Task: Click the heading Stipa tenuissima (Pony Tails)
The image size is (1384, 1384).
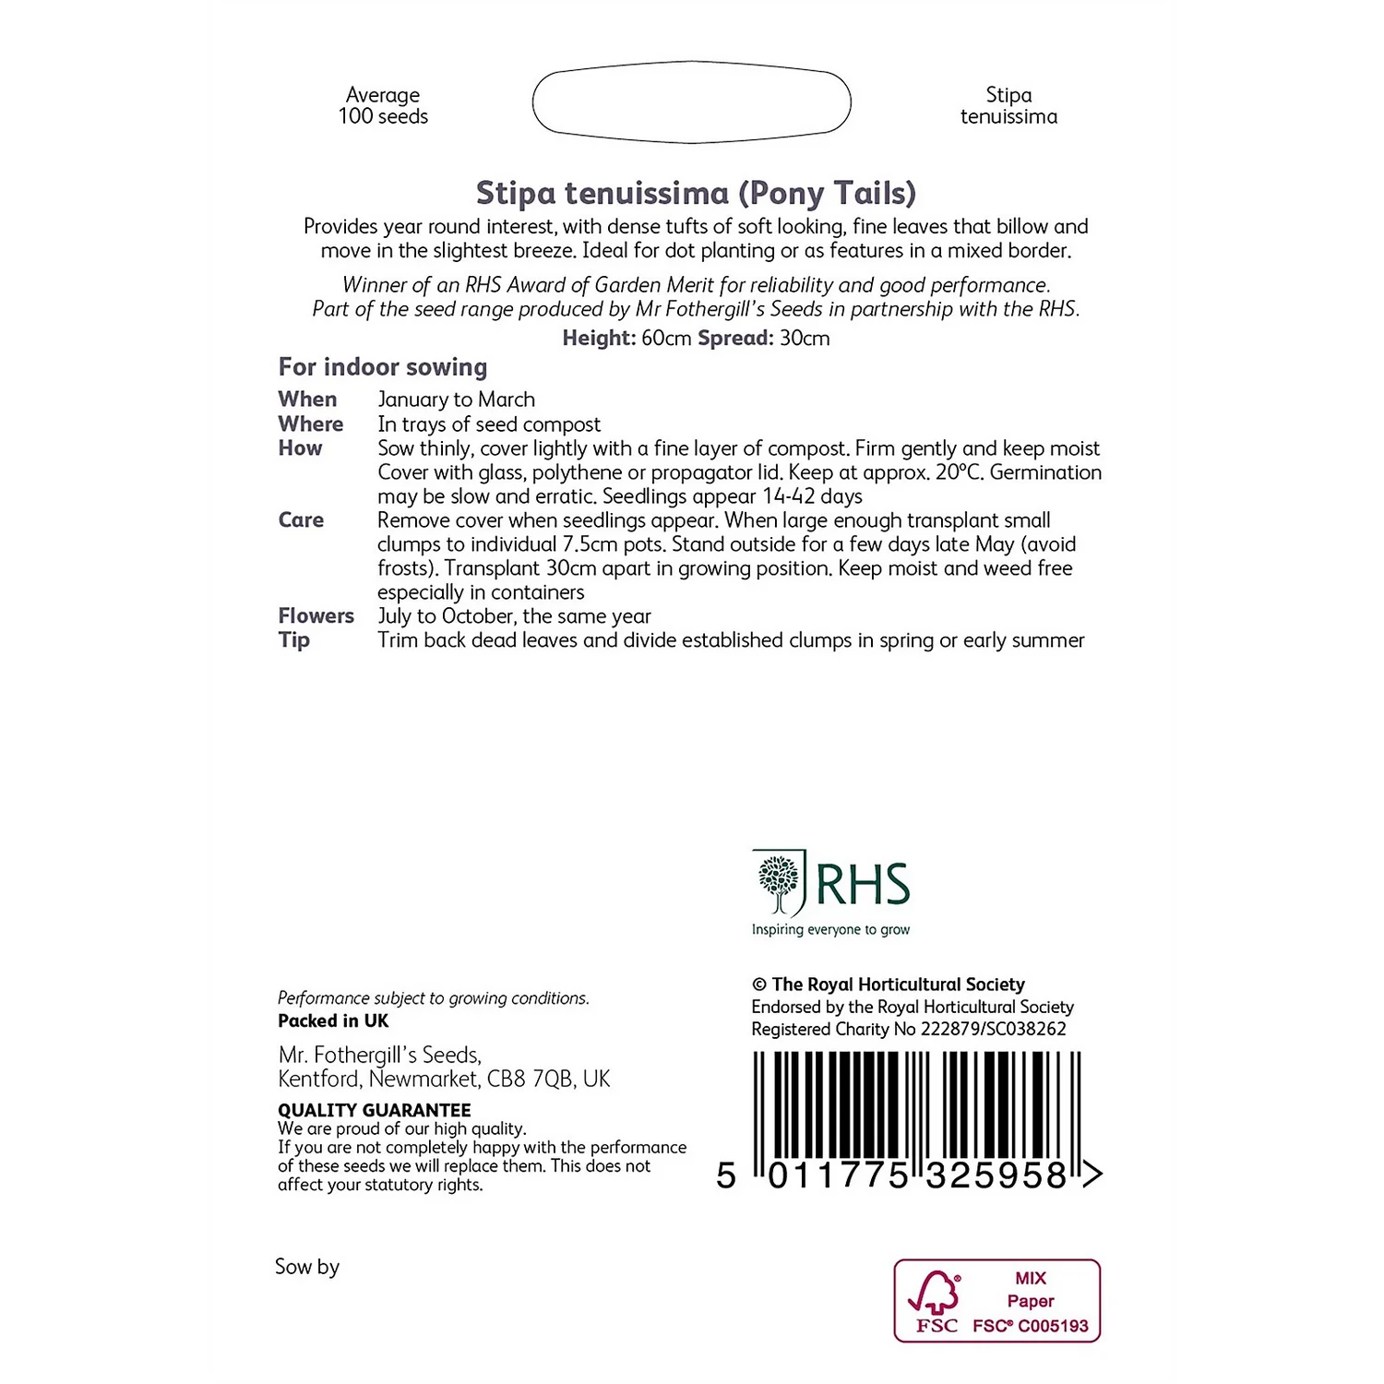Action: point(696,194)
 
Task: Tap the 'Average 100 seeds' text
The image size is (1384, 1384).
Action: point(383,106)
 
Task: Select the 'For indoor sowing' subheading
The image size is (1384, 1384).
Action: point(383,367)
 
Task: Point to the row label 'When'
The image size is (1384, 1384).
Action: point(308,400)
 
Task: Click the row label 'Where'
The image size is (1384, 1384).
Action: point(311,424)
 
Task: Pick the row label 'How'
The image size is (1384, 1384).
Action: point(301,448)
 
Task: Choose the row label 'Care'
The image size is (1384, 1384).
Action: point(302,520)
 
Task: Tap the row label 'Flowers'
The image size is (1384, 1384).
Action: point(316,616)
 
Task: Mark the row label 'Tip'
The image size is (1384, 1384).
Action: point(294,640)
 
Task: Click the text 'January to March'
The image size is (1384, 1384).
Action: point(457,400)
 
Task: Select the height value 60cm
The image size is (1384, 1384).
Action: point(666,339)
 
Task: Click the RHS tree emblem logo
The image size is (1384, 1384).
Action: point(781,883)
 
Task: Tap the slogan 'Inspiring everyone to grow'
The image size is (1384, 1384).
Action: point(830,930)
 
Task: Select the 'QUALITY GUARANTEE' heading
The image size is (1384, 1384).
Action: point(375,1110)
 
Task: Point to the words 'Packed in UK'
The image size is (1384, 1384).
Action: point(333,1021)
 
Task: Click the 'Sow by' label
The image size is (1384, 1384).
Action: point(307,1267)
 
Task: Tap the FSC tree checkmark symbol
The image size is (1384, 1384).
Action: point(936,1293)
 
